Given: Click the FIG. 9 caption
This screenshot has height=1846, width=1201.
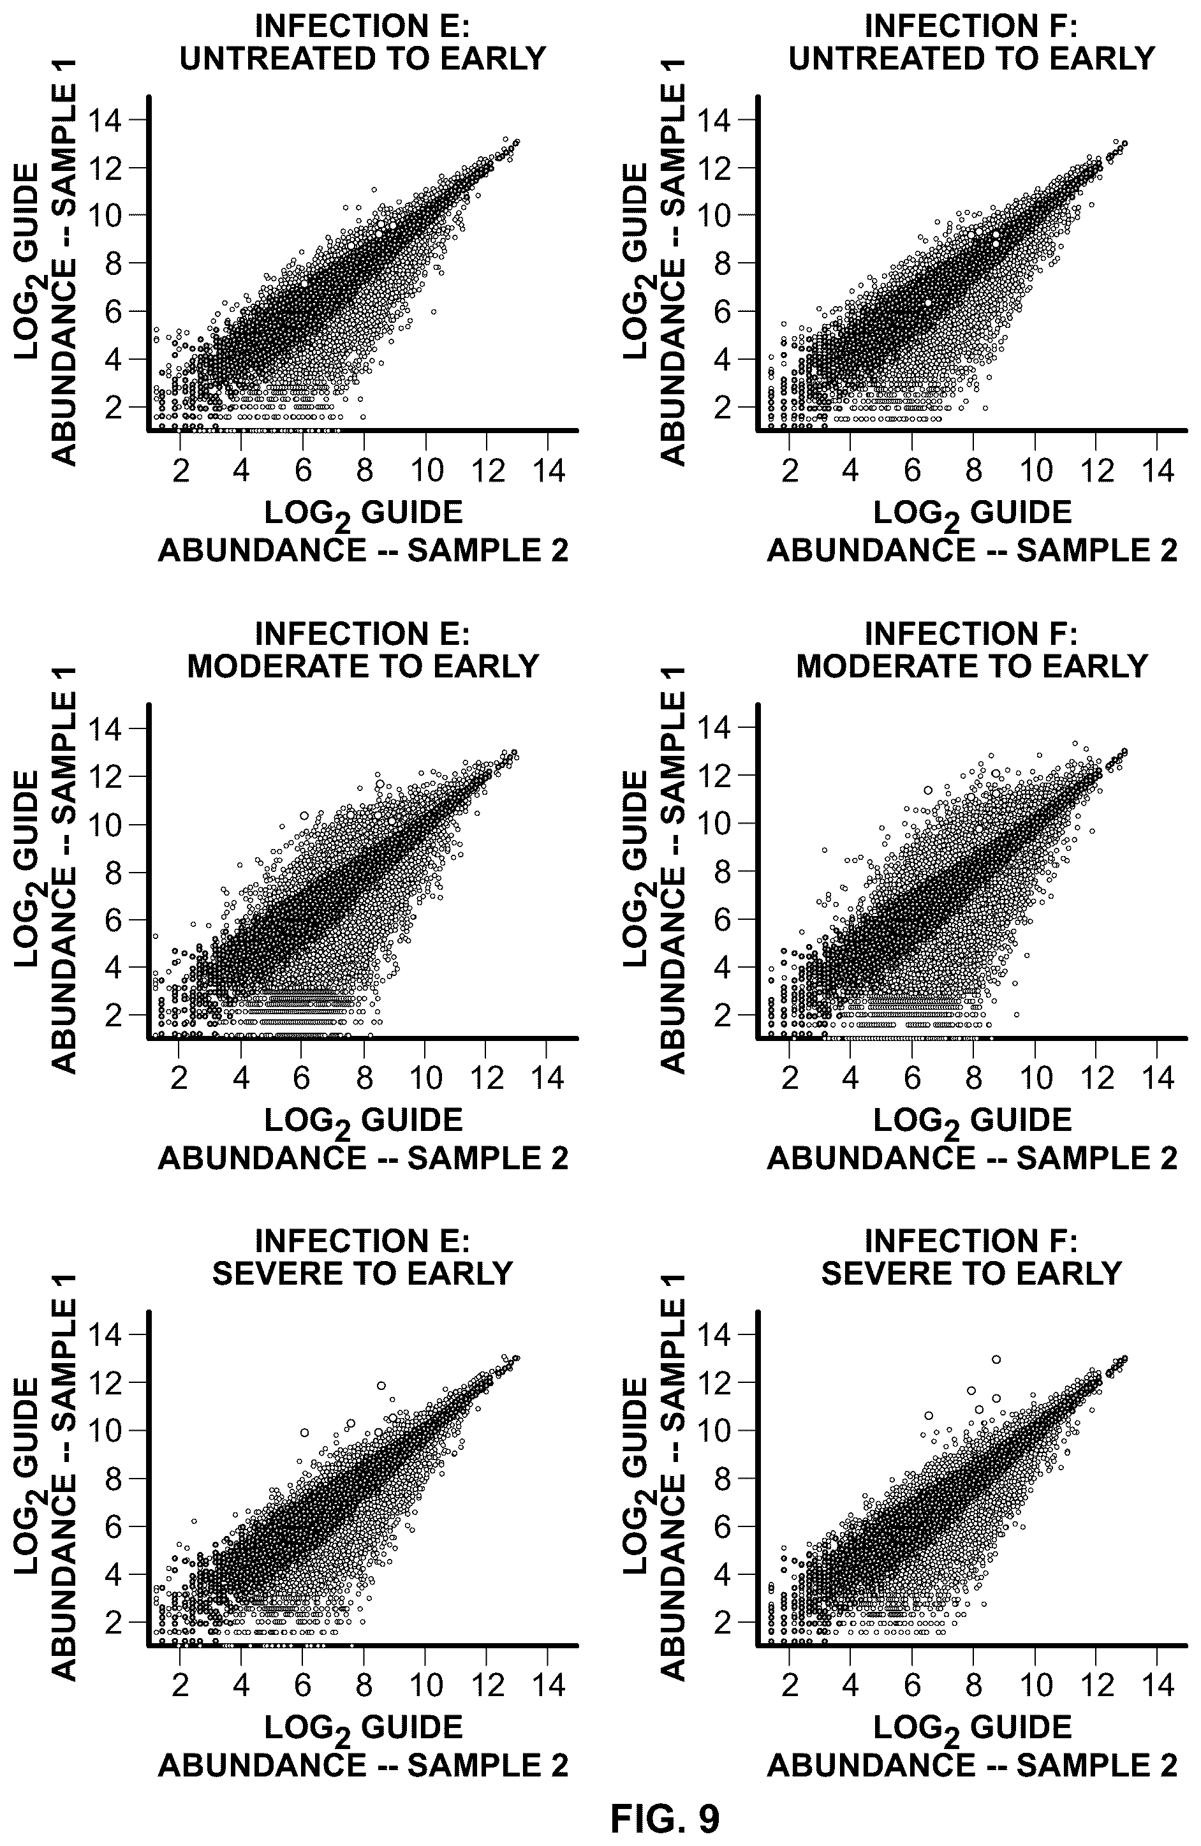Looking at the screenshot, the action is coord(665,1817).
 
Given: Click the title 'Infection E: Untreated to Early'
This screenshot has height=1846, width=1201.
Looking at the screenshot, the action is coord(363,43).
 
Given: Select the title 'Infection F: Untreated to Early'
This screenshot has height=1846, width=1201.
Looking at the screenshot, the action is coord(971,43).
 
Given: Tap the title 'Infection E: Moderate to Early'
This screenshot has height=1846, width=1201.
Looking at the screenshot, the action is coord(363,650).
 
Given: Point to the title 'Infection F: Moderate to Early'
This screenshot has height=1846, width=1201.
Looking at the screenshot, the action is coord(971,650).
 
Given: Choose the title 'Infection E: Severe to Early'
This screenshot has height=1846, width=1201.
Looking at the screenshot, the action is coord(363,1257).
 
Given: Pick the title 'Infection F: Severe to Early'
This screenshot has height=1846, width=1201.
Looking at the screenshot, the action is coord(971,1257).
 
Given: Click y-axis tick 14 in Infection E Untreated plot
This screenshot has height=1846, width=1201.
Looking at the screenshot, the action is coord(107,120).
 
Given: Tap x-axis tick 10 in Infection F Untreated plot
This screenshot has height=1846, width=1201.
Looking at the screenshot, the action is coord(1036,471).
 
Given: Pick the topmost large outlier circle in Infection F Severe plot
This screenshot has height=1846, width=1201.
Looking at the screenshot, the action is coord(996,1359).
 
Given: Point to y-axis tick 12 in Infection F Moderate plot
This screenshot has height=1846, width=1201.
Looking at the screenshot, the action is coord(715,776).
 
